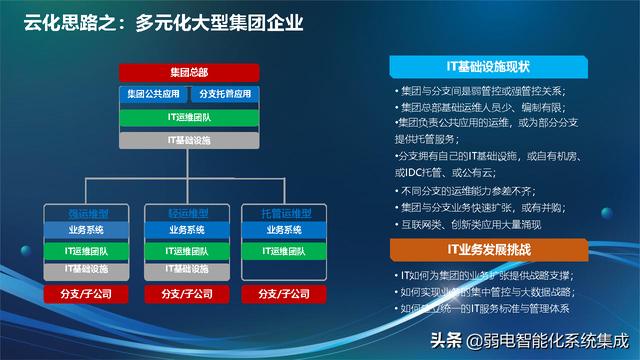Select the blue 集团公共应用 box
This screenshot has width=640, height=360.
pos(152,94)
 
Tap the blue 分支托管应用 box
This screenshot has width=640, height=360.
pos(224,94)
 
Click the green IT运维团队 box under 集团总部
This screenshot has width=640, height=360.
pos(188,118)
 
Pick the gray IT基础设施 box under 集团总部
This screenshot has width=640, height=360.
pos(188,140)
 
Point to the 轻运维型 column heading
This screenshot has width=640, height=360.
pos(187,214)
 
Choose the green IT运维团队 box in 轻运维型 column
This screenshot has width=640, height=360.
pos(187,250)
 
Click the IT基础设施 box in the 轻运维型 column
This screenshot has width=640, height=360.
pos(187,269)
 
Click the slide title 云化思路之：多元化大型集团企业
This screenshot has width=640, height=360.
pos(164,21)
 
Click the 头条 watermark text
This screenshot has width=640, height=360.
pos(445,339)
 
